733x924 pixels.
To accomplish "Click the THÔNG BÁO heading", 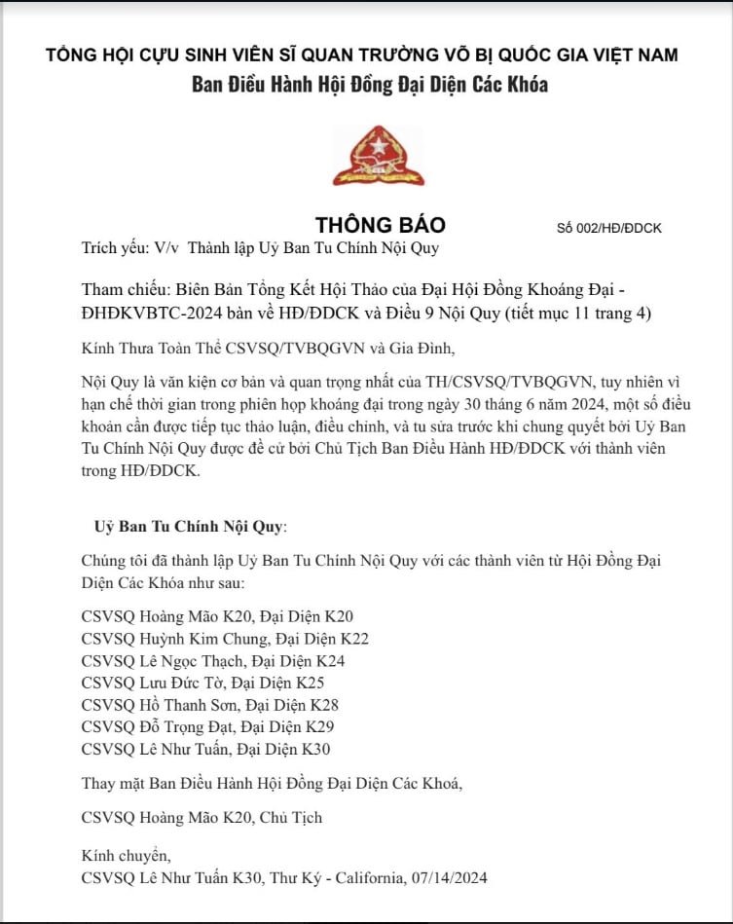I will coord(380,225).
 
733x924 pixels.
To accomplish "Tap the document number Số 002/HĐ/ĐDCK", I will coord(608,228).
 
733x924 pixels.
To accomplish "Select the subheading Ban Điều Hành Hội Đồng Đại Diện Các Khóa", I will coord(369,84).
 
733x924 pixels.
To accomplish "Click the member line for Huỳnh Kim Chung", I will coord(225,639).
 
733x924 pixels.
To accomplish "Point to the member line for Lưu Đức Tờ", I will coord(202,683).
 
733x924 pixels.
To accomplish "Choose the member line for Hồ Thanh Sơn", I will coord(209,705).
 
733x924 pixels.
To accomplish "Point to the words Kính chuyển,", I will coord(127,856).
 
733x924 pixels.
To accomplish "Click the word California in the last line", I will coord(373,877).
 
